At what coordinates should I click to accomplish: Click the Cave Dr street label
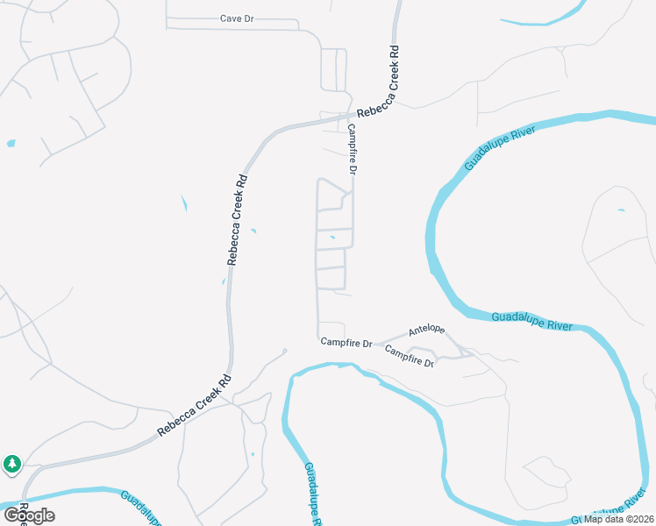click(237, 18)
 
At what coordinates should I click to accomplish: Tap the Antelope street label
click(426, 331)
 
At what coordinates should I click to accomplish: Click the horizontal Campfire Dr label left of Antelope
click(346, 342)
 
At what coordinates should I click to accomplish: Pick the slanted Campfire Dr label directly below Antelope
click(410, 355)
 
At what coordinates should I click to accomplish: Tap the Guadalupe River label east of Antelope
click(531, 321)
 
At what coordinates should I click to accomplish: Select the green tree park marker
click(11, 463)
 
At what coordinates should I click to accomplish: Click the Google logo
click(29, 515)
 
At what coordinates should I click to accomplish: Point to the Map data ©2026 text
click(619, 519)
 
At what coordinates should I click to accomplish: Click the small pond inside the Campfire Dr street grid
click(332, 236)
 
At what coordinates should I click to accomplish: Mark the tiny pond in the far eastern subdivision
click(621, 210)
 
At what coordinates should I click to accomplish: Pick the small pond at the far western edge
click(11, 143)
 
